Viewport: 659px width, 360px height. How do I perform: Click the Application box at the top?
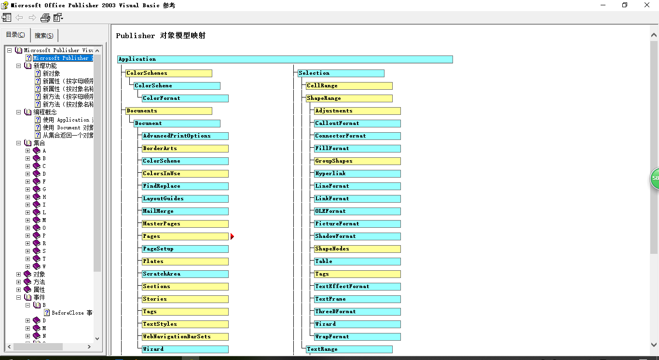[x=285, y=59]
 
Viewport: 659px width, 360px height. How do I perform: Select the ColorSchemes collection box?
[x=168, y=73]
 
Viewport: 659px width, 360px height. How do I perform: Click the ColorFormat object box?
[x=185, y=98]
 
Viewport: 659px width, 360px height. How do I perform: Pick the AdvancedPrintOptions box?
[x=185, y=136]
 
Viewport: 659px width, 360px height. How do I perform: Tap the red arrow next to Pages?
[x=232, y=236]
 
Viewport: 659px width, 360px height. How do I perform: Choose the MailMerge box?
[x=185, y=211]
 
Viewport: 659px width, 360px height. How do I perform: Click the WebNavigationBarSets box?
[x=185, y=337]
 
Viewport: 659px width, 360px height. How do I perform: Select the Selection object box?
[x=341, y=73]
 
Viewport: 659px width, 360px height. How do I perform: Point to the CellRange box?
[x=349, y=86]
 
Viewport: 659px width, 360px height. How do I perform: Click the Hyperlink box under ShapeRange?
[x=357, y=174]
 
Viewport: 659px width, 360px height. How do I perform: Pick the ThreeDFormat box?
[x=357, y=312]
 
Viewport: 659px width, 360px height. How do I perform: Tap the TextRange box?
[x=349, y=349]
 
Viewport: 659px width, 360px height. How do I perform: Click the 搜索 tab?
[x=44, y=36]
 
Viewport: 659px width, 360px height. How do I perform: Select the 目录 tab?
[x=15, y=35]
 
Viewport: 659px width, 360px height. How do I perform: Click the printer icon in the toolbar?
[x=45, y=18]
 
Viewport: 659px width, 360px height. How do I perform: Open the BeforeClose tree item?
[x=71, y=313]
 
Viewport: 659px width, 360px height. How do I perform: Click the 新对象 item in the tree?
[x=51, y=73]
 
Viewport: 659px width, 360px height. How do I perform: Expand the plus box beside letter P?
[x=27, y=235]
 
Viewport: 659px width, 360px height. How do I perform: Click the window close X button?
[x=647, y=5]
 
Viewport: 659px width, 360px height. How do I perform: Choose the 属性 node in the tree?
[x=39, y=290]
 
